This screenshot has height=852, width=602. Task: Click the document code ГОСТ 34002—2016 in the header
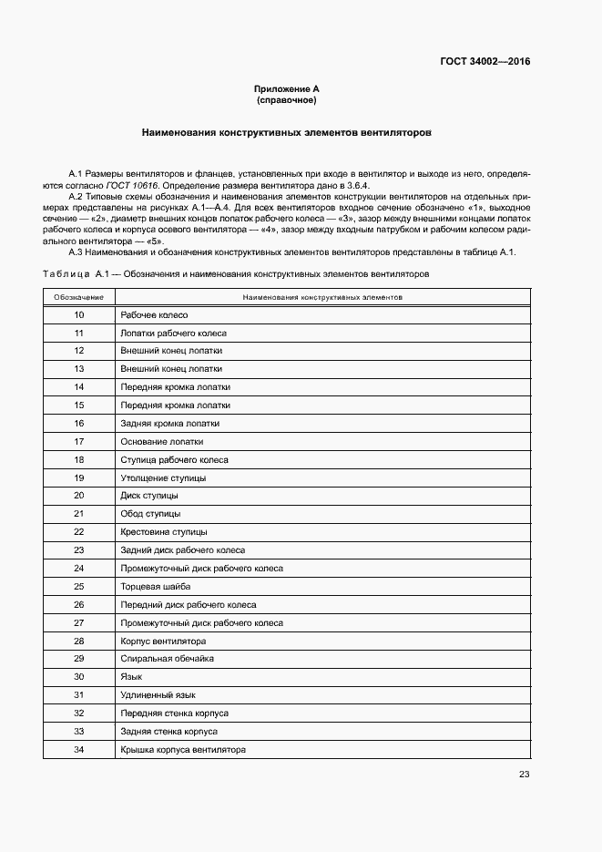pos(485,62)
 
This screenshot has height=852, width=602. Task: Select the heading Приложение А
pos(286,88)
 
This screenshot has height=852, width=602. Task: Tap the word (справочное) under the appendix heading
pos(286,99)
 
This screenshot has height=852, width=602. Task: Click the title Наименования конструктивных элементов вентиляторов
pos(286,132)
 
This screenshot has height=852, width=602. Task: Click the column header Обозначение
pos(78,297)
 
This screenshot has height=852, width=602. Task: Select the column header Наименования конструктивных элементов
pos(322,297)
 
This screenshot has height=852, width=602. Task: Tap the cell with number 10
pos(78,315)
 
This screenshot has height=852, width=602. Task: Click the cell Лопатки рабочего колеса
pos(173,334)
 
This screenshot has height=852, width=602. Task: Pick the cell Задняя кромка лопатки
pos(169,424)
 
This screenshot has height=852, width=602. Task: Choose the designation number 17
pos(78,442)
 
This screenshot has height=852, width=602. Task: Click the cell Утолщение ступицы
pos(163,477)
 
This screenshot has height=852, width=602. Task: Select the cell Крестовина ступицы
pos(163,531)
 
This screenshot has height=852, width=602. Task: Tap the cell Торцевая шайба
pos(155,586)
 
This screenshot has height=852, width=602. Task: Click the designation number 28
pos(78,641)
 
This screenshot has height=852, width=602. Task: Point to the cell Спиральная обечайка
pos(167,658)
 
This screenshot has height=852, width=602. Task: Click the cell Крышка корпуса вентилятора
pos(183,749)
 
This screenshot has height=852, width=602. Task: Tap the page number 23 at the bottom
pos(524,775)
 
